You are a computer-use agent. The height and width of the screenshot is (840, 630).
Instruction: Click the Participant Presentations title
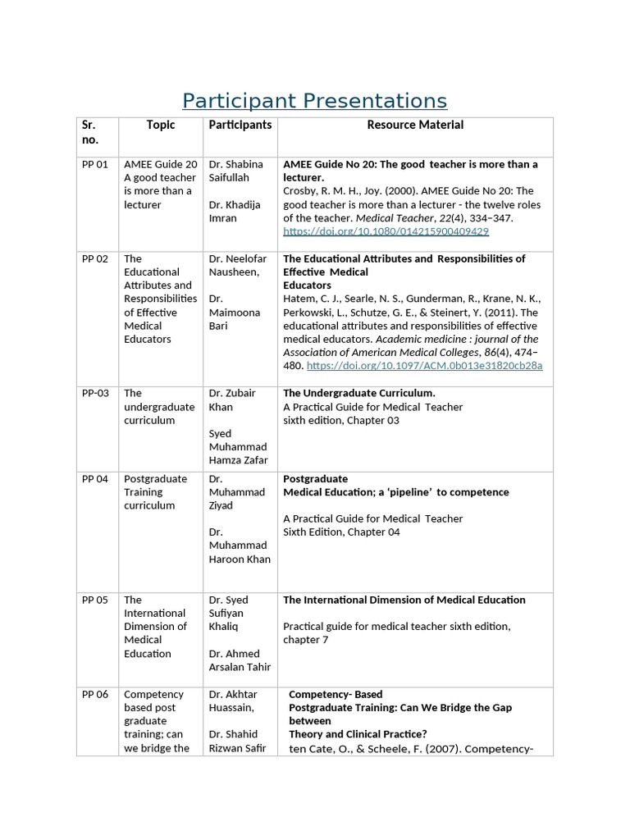[314, 101]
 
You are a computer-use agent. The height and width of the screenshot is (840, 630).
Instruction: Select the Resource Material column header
[414, 125]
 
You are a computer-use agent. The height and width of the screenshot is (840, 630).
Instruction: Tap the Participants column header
[240, 125]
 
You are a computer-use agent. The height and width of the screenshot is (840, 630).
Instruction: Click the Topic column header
[161, 125]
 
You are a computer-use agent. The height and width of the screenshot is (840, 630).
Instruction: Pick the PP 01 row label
[95, 165]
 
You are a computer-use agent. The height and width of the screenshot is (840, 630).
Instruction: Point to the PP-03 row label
[95, 394]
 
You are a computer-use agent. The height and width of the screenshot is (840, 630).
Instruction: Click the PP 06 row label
[95, 695]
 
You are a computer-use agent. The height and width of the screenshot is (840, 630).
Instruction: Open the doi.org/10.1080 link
[386, 231]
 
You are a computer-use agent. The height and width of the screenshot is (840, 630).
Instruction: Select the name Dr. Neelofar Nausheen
[236, 265]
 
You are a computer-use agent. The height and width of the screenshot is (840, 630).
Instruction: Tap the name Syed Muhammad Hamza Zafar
[238, 447]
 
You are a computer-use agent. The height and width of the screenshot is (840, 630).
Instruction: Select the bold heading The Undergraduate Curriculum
[359, 394]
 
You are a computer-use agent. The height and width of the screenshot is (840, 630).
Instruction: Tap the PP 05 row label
[95, 600]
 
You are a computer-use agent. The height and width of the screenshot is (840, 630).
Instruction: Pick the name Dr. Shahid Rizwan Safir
[237, 741]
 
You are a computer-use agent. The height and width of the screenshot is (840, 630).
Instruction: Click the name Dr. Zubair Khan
[232, 400]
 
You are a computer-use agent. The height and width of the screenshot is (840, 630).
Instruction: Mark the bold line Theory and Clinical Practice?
[358, 734]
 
